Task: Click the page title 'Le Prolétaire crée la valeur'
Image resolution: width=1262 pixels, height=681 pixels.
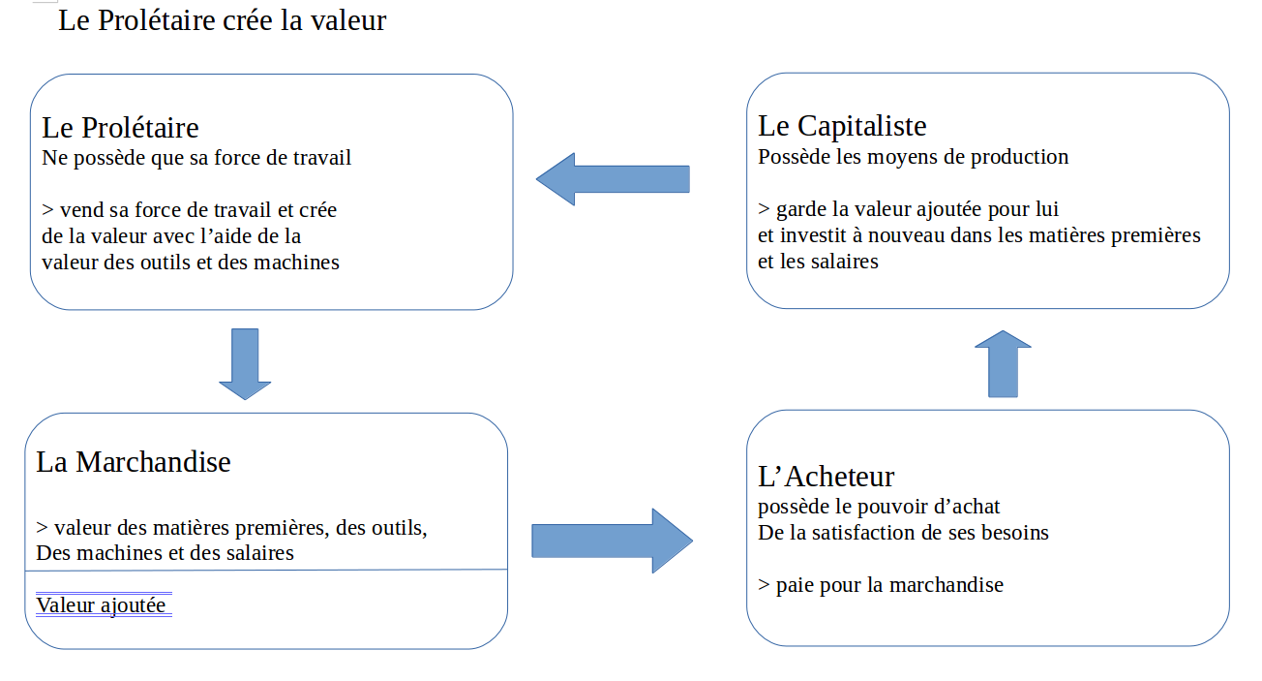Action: click(222, 20)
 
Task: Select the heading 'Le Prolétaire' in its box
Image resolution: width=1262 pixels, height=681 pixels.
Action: click(120, 128)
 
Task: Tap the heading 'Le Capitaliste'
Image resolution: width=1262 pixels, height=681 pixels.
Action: click(842, 126)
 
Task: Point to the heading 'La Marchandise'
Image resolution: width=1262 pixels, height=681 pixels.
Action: click(134, 462)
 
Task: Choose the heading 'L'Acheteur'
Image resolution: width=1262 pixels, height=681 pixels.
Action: click(826, 477)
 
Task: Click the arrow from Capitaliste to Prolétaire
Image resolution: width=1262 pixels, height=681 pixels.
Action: click(612, 179)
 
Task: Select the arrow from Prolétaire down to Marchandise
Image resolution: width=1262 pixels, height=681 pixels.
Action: click(245, 363)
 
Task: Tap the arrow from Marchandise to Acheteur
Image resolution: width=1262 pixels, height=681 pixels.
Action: click(612, 541)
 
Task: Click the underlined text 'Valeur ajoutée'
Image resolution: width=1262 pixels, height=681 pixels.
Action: click(101, 605)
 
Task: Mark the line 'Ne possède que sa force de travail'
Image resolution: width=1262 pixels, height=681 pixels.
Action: click(196, 158)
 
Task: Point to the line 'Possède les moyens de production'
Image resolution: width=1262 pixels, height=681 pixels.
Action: click(913, 157)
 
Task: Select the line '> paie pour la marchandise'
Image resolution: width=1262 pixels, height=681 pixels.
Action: click(880, 585)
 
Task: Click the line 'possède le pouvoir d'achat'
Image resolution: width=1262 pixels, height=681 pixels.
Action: click(879, 507)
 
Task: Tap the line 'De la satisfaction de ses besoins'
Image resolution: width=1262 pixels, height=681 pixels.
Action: click(903, 533)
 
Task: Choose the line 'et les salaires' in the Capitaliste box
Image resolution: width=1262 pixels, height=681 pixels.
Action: click(818, 262)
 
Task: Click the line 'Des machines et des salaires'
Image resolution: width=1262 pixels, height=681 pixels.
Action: click(165, 554)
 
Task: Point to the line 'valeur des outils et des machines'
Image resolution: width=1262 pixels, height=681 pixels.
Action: click(191, 263)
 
